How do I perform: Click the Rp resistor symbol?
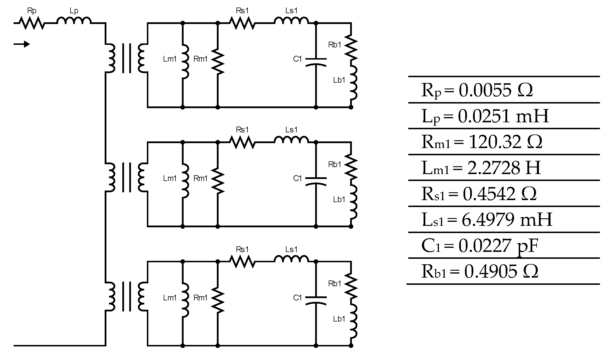[32, 23]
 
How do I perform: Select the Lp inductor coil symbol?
[74, 21]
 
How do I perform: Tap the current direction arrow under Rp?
[22, 44]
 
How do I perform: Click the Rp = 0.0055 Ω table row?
[477, 90]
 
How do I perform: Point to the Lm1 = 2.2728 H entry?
[481, 168]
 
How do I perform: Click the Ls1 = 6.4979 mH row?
[487, 219]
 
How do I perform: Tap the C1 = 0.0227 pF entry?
[480, 245]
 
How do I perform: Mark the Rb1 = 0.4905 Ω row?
[480, 272]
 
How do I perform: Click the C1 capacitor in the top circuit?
[316, 62]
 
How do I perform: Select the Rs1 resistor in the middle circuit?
[242, 142]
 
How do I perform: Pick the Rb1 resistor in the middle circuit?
[351, 168]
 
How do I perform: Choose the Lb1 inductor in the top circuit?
[354, 84]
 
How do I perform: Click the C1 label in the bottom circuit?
[297, 298]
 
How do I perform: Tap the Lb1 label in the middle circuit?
[339, 200]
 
